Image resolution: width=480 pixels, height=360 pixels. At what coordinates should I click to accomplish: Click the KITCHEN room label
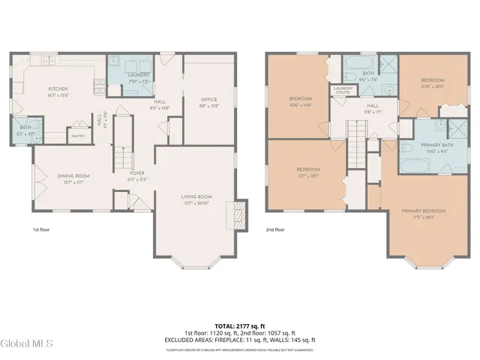coord(58,88)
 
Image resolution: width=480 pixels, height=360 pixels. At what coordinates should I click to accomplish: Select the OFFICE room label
coord(208,100)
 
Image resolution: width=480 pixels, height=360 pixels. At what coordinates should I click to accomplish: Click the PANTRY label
coord(77,136)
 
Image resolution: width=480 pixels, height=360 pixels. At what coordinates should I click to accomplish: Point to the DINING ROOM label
coord(73,175)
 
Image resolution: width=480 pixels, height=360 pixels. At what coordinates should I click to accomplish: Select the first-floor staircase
coord(121,157)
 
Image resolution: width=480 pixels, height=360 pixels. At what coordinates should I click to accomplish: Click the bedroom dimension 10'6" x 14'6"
coord(300,105)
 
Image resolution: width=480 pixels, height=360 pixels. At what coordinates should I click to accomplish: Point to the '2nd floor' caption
coord(275,229)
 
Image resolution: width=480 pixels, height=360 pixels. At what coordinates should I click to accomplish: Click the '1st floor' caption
coord(41,229)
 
